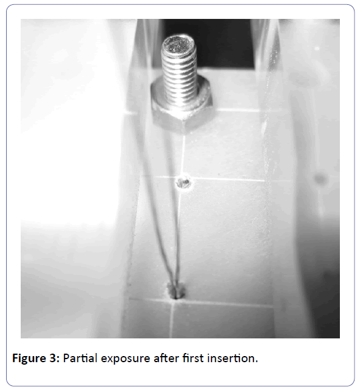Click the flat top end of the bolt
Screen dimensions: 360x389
[178, 45]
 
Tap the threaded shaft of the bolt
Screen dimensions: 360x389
[180, 74]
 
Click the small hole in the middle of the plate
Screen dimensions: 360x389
[184, 183]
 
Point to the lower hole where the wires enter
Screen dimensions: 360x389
[175, 291]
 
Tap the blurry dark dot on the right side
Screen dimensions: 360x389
[320, 179]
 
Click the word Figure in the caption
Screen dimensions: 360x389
[30, 359]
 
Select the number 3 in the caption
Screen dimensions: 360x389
[55, 359]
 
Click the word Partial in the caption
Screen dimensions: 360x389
[80, 359]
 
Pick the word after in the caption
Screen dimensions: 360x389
[166, 359]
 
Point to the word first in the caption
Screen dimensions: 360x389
[193, 359]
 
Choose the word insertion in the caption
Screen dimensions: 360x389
[233, 359]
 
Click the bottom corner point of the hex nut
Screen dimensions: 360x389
[185, 133]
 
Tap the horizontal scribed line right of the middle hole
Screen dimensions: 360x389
[228, 179]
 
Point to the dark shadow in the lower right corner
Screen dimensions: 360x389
[322, 285]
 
